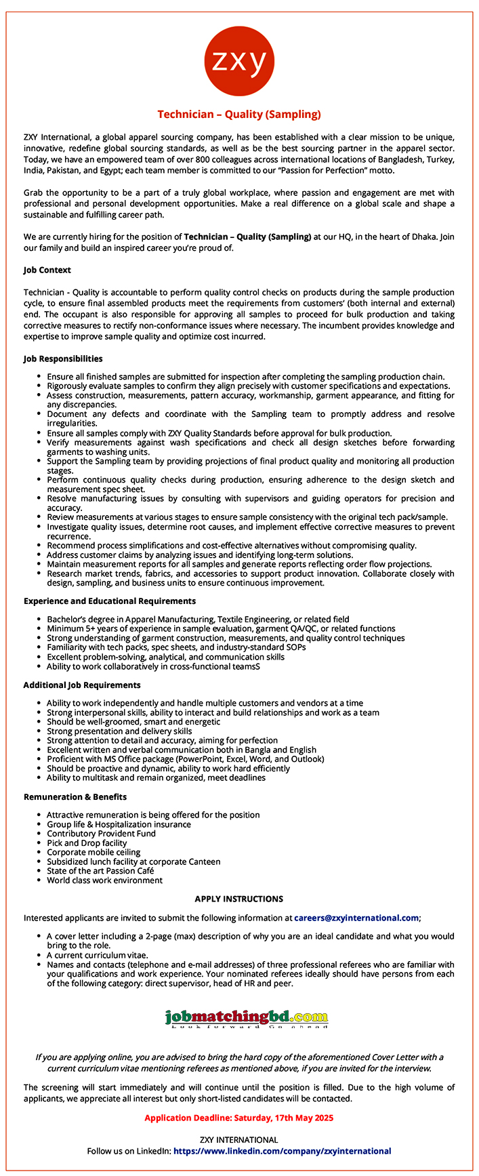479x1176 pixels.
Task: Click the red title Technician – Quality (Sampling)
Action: tap(239, 115)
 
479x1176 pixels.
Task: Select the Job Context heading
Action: tap(47, 270)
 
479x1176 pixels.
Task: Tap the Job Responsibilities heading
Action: tap(63, 358)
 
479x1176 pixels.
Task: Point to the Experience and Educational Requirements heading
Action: tap(110, 601)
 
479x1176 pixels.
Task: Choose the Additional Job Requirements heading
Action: tap(82, 685)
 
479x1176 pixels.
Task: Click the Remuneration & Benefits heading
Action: tap(75, 796)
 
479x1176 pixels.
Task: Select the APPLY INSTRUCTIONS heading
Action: tap(239, 899)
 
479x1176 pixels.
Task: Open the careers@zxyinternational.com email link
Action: tap(356, 918)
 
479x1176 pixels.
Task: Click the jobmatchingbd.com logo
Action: tap(247, 1017)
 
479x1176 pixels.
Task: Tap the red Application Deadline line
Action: tap(239, 1118)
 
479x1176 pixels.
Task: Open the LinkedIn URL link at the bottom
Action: tap(283, 1151)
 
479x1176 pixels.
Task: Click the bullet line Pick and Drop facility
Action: tap(87, 843)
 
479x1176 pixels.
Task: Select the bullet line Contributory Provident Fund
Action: tap(101, 834)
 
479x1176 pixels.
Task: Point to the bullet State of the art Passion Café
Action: tap(100, 871)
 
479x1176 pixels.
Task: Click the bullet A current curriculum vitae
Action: tap(98, 954)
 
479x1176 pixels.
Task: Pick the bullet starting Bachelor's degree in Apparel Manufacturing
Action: tap(198, 619)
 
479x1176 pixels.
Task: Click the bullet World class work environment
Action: tap(104, 880)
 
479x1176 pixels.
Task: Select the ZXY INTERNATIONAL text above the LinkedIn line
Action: tap(239, 1139)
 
